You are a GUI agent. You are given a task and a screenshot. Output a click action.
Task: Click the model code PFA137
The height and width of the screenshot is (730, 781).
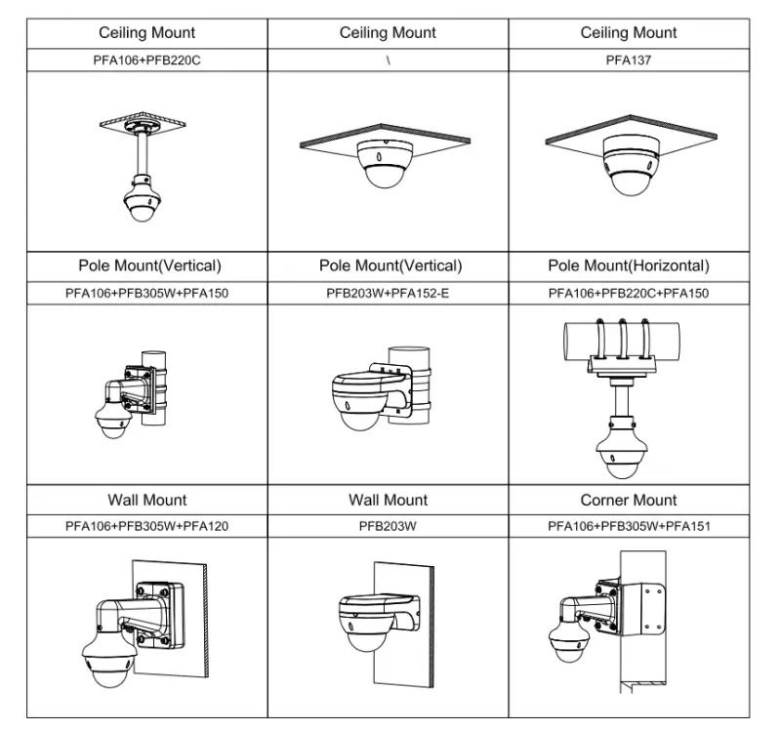tap(628, 61)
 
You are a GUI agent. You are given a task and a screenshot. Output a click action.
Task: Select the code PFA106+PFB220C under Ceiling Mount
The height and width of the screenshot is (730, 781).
tap(147, 61)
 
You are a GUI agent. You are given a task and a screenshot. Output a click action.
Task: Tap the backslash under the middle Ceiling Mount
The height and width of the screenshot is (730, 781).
tap(388, 61)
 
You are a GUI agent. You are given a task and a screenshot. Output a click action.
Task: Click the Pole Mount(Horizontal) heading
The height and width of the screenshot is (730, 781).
tap(629, 265)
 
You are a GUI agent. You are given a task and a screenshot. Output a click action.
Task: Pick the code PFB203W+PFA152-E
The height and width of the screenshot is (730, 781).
tap(388, 294)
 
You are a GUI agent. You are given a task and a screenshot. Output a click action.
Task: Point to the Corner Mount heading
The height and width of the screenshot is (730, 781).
tap(629, 500)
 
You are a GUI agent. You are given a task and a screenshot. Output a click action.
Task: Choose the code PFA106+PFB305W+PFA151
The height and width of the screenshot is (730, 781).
tap(629, 526)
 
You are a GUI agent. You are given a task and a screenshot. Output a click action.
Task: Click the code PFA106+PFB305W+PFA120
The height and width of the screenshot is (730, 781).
tap(147, 526)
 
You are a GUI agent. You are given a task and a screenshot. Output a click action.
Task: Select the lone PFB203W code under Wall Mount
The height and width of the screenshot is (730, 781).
tap(388, 526)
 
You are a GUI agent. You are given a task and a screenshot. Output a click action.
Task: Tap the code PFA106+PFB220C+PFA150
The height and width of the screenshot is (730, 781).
tap(629, 294)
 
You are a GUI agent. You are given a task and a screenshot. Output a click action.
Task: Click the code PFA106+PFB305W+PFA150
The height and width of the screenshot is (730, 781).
tap(147, 294)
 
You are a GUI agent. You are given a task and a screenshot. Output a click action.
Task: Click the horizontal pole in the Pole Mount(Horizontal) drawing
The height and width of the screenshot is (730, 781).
tap(622, 341)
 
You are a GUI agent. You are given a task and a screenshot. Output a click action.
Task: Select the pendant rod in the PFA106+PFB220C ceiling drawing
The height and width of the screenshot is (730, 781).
tap(143, 153)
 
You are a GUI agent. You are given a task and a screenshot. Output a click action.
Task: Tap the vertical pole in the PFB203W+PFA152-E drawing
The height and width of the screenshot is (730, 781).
tap(409, 385)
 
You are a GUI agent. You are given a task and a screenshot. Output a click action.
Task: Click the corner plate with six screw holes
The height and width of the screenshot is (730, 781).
tap(642, 610)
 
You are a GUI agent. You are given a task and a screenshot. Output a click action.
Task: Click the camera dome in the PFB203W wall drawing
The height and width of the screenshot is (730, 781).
tap(368, 629)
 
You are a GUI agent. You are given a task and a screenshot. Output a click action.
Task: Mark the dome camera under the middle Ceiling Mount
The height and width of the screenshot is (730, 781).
tap(385, 164)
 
